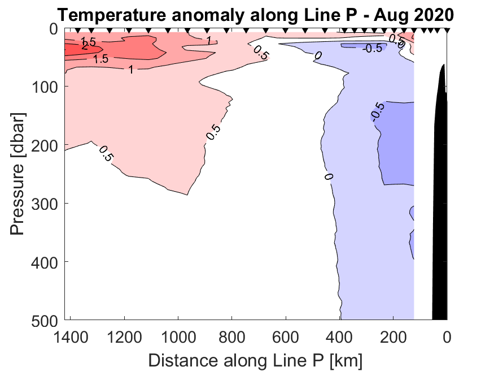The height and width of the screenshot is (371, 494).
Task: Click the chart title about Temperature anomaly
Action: pos(254,14)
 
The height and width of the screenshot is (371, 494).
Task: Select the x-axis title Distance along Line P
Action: pos(255,359)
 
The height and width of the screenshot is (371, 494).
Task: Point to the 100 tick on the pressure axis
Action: pos(44,87)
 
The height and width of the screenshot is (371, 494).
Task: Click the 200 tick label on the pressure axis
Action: pos(44,145)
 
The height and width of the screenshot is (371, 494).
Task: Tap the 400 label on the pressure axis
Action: pos(44,262)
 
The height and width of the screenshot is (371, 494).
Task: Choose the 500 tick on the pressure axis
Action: pos(44,320)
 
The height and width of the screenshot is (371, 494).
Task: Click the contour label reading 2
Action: pos(85,47)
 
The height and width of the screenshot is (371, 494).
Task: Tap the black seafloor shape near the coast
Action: pos(440,198)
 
